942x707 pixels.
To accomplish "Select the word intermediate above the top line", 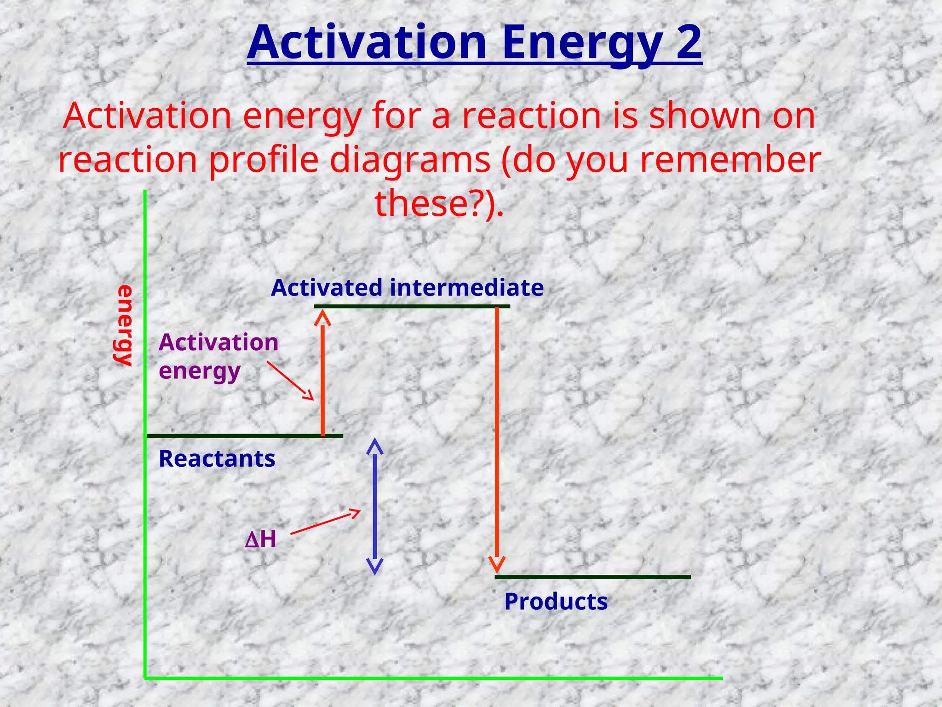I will click(x=466, y=288).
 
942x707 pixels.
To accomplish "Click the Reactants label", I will click(x=217, y=459).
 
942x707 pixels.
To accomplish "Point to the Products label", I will click(x=556, y=602).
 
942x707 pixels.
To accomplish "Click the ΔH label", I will click(x=261, y=539).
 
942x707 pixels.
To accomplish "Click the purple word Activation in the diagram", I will click(x=218, y=342).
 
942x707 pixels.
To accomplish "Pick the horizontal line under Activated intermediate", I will click(x=412, y=306).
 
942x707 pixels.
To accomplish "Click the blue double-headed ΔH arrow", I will click(x=374, y=506).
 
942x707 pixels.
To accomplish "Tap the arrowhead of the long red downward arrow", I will click(x=497, y=564).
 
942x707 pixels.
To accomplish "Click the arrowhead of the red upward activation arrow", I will click(x=323, y=318).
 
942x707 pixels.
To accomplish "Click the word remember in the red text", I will click(x=730, y=159).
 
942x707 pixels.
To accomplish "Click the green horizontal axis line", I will click(x=432, y=678).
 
